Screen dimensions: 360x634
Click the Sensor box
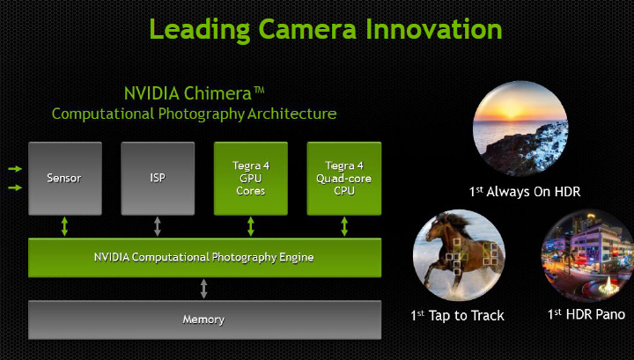(65, 178)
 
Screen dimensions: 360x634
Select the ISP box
(158, 178)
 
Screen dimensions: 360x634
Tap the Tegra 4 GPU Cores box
(251, 178)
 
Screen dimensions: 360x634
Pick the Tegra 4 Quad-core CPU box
(343, 178)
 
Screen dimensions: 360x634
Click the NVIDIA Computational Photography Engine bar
(204, 257)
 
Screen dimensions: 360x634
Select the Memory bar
(204, 319)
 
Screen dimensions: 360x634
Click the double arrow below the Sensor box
(65, 225)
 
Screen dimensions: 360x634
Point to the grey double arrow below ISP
(158, 225)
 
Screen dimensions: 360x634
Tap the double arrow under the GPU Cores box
(251, 225)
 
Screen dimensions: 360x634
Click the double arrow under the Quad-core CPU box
(343, 225)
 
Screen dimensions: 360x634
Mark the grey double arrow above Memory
(204, 288)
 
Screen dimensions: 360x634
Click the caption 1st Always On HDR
(525, 191)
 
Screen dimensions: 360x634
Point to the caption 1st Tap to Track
(457, 314)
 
